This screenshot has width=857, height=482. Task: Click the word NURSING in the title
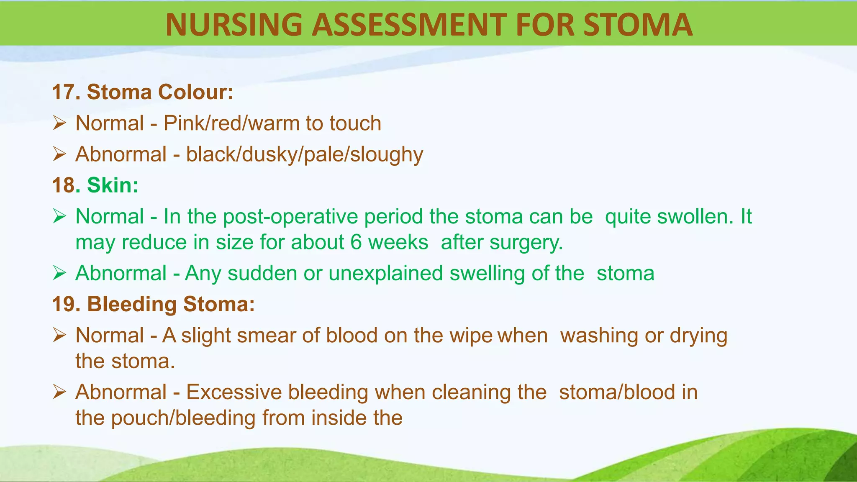[x=233, y=24]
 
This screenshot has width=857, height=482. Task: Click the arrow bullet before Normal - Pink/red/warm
[x=59, y=123]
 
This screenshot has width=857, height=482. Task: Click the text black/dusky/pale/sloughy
[x=304, y=154]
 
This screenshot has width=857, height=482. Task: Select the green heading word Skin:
[x=113, y=185]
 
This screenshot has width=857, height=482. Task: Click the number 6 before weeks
[x=356, y=242]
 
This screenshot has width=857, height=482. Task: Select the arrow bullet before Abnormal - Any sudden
[x=59, y=273]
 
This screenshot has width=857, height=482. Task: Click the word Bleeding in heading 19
[x=132, y=304]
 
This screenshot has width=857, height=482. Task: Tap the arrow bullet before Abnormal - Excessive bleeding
[x=59, y=392]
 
